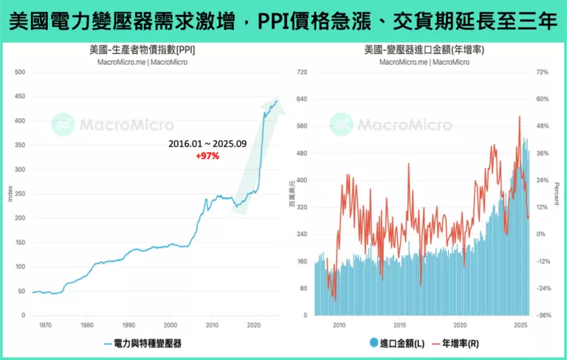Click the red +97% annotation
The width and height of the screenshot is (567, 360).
coord(207,156)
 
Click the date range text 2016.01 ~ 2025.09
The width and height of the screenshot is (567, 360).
coord(207,144)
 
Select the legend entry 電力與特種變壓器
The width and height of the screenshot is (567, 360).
coord(147,343)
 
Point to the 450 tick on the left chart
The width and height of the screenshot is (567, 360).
coord(19,97)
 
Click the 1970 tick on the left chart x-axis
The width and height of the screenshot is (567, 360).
coord(45,325)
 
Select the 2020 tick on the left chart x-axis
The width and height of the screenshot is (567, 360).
coord(254,325)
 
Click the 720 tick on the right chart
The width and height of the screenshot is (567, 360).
coord(301,72)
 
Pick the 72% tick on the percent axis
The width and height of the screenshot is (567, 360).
coord(543,72)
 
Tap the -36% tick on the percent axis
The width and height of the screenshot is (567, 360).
coord(543,316)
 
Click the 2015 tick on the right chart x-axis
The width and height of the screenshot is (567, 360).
coord(399,325)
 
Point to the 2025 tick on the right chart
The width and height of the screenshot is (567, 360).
coord(520,325)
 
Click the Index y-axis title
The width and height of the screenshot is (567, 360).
coord(9,194)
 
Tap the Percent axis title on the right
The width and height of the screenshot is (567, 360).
coord(557,194)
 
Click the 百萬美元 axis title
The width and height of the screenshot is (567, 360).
coord(291,194)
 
